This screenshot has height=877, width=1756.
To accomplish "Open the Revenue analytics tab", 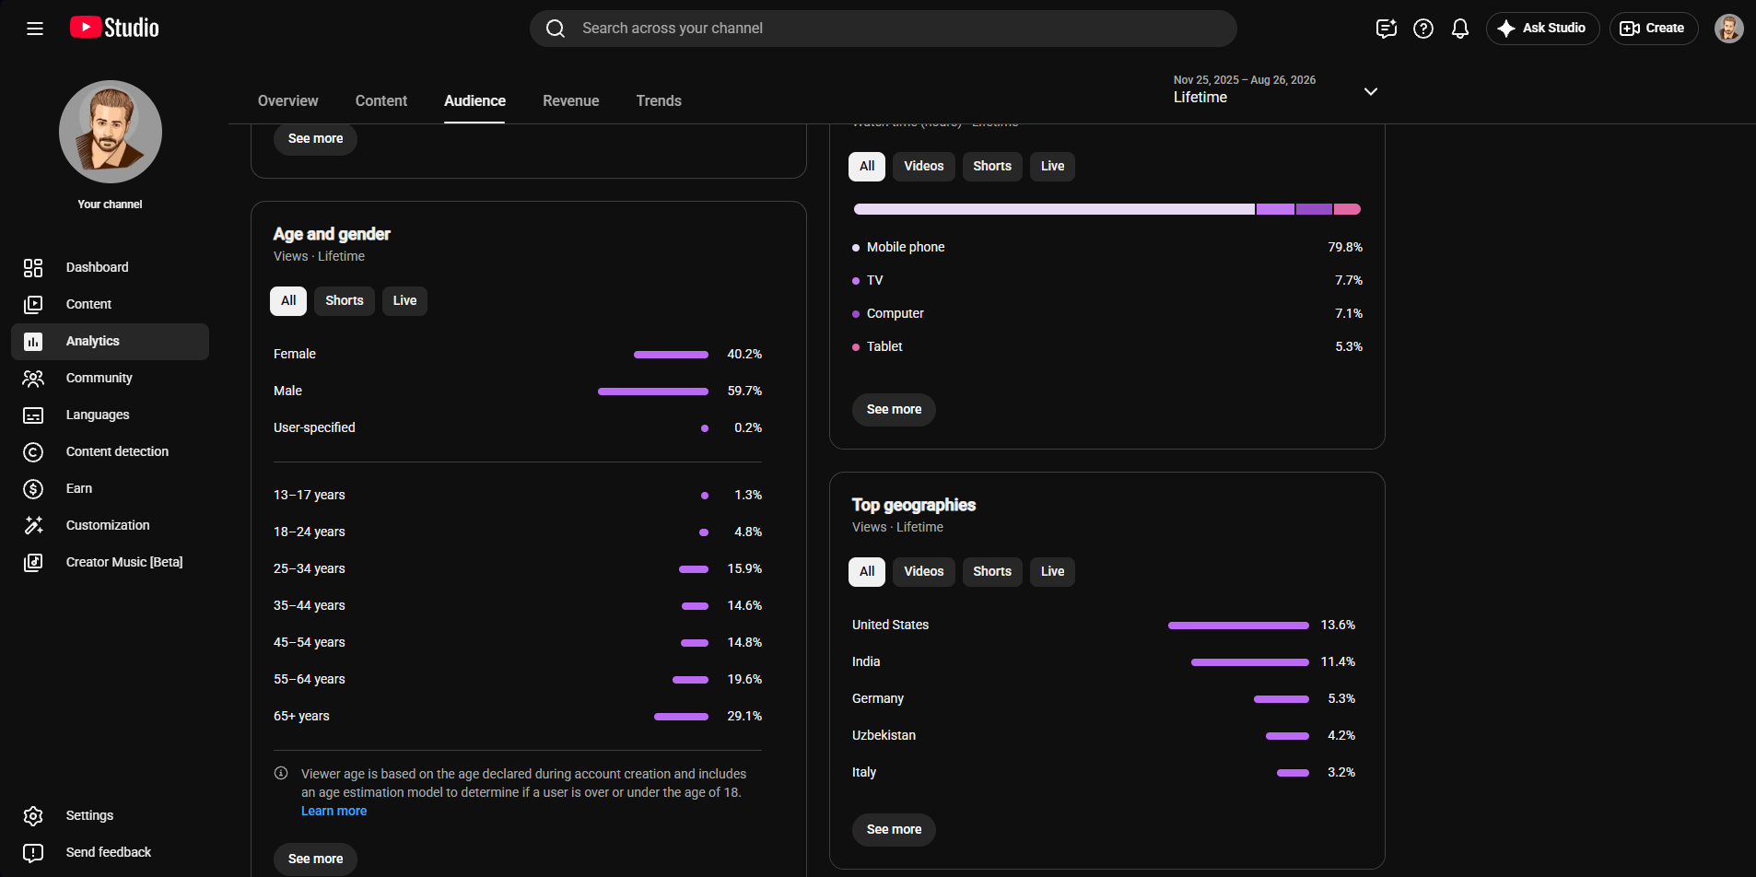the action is [x=570, y=100].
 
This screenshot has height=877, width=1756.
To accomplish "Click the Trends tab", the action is [x=659, y=100].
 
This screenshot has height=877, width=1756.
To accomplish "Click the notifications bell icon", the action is [x=1460, y=29].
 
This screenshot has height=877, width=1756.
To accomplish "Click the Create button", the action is [x=1653, y=29].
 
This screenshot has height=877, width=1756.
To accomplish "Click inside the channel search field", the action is [x=883, y=29].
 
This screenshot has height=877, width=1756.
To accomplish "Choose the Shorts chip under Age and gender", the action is [x=345, y=300].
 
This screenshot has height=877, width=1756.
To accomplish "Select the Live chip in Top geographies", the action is [x=1052, y=571].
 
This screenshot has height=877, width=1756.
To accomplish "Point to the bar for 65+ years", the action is [x=681, y=716].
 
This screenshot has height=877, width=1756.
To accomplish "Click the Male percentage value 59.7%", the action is [x=744, y=391].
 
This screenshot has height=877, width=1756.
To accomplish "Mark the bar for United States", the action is [x=1238, y=626].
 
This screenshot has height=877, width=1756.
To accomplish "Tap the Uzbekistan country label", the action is [x=884, y=735].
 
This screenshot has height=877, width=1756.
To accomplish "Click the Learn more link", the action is [x=334, y=811].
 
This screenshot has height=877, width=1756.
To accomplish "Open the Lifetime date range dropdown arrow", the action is [x=1371, y=91].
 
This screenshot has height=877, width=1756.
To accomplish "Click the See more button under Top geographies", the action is [x=894, y=829].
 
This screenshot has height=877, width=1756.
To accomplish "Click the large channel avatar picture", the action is [x=111, y=132].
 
